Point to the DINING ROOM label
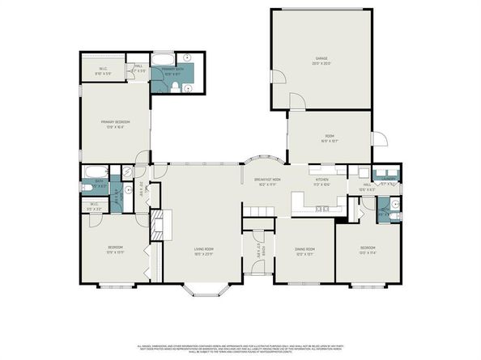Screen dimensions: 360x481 pyautogui.click(x=304, y=250)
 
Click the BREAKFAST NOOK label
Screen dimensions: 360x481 pyautogui.click(x=267, y=180)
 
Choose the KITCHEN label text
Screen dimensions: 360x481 pyautogui.click(x=322, y=180)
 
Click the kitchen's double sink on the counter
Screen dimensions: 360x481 pyautogui.click(x=321, y=209)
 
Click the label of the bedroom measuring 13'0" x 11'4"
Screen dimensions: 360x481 pyautogui.click(x=368, y=250)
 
